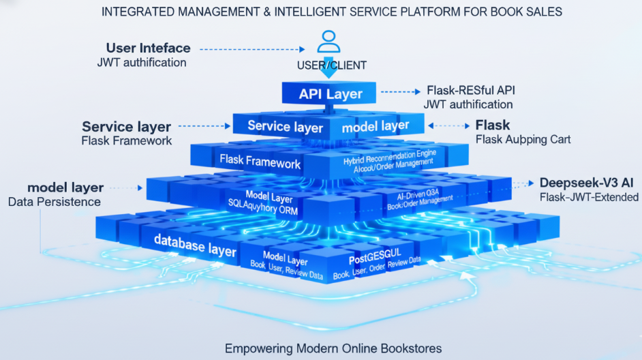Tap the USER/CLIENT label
click(331, 65)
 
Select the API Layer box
click(331, 93)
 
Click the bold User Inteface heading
click(148, 48)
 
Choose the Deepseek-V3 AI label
click(587, 183)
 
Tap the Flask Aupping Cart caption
click(523, 139)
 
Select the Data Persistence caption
click(55, 201)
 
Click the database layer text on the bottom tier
click(195, 243)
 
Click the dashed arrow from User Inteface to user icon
click(251, 49)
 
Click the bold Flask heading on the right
click(492, 125)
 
